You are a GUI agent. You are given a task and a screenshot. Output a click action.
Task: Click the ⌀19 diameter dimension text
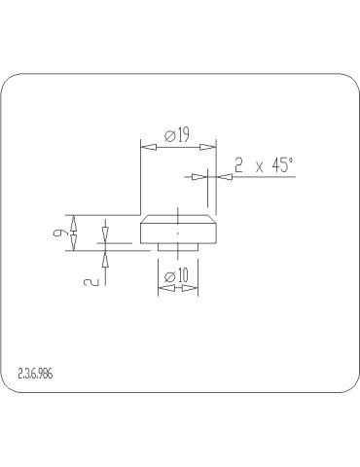click(x=177, y=135)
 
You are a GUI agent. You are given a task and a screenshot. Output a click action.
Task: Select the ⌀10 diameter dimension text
click(x=177, y=276)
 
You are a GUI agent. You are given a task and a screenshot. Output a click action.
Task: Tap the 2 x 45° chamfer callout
click(x=264, y=165)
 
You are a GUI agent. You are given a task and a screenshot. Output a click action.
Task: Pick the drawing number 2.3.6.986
click(x=35, y=374)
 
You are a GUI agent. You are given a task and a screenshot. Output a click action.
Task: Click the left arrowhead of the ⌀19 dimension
click(x=148, y=148)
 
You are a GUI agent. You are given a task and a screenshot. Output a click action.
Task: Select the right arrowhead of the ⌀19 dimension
click(x=208, y=148)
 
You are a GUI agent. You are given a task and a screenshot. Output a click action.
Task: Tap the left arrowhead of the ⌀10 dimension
click(x=166, y=288)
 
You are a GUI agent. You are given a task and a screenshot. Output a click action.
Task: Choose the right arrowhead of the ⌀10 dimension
click(x=190, y=288)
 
